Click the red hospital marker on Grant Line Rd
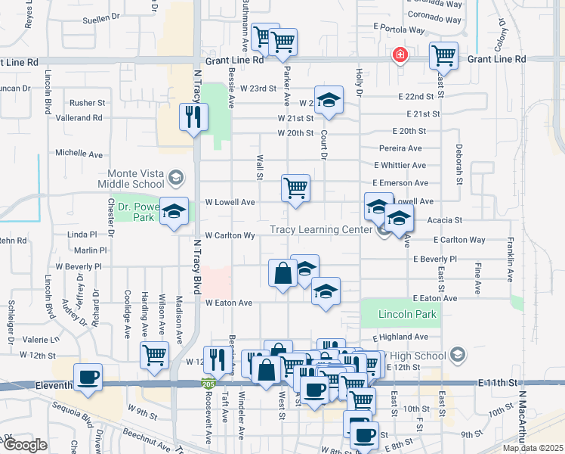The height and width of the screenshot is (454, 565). click(x=399, y=55)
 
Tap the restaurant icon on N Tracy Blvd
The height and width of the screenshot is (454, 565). click(x=193, y=117)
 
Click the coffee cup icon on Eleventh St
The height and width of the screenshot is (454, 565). click(x=88, y=377)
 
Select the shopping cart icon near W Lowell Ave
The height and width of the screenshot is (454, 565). click(x=295, y=188)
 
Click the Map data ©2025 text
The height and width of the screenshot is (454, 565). click(x=533, y=448)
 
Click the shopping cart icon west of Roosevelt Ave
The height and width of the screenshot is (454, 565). click(x=154, y=353)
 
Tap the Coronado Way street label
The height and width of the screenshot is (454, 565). click(x=434, y=15)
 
